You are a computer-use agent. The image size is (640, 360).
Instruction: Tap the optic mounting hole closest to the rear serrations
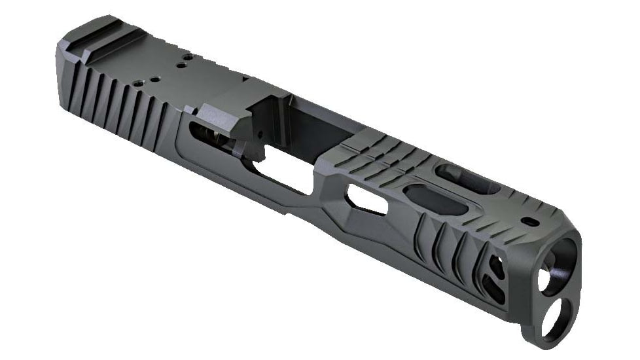tap(139, 83)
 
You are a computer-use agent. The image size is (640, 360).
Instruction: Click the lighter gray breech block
tap(226, 115)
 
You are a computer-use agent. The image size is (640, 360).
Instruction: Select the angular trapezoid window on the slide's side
tap(366, 199)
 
